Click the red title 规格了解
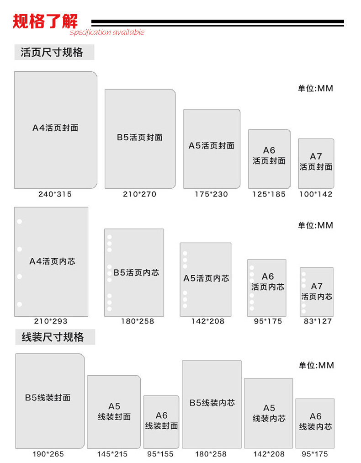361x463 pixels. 45,21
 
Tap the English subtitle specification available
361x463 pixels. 107,32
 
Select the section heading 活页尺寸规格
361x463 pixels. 52,52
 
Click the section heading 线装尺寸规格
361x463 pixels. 53,337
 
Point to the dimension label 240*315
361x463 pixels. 55,194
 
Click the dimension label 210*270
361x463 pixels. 140,194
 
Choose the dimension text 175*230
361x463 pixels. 212,194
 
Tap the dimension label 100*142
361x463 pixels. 316,194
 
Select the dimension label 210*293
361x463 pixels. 51,321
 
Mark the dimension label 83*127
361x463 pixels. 318,321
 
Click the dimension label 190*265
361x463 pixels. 48,454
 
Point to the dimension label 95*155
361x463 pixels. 160,454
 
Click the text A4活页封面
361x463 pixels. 55,128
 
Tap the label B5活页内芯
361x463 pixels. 136,272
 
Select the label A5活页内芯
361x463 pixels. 206,278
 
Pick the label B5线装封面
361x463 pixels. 48,398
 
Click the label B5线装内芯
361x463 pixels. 212,403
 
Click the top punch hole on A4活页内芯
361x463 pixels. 20,222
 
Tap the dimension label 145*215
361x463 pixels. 112,454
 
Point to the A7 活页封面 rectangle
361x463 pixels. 316,164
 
